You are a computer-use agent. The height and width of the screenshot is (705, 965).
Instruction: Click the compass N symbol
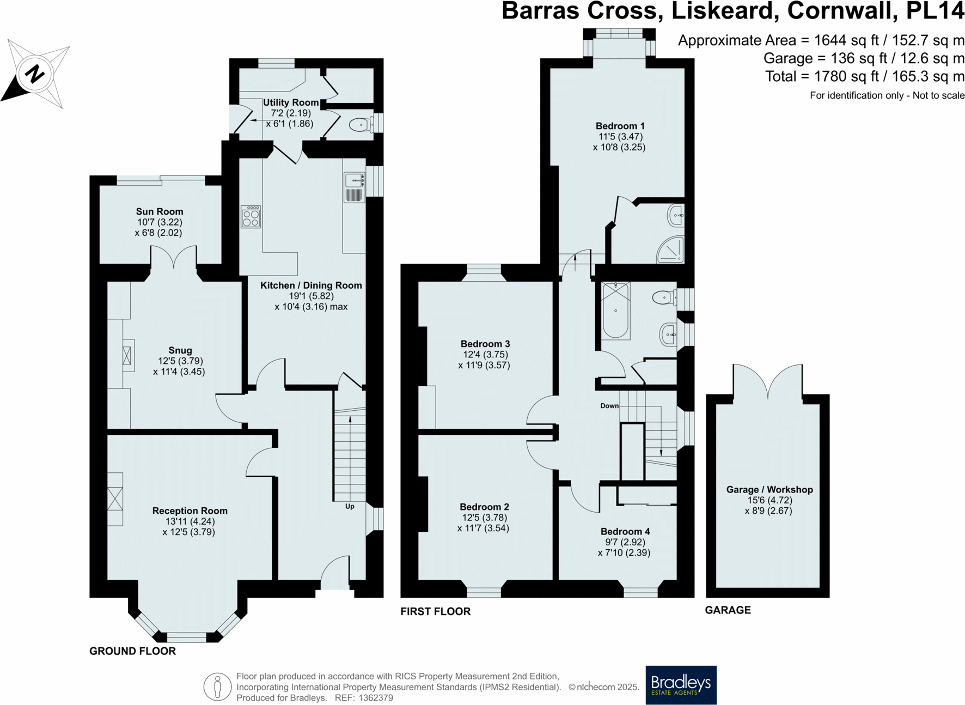pyautogui.click(x=34, y=74)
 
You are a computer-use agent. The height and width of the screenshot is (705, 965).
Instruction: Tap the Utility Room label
pyautogui.click(x=290, y=102)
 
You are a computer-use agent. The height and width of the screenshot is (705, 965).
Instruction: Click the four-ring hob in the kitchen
pyautogui.click(x=251, y=216)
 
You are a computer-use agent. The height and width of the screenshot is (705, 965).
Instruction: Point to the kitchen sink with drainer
pyautogui.click(x=354, y=187)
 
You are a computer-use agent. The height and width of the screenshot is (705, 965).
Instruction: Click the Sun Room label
pyautogui.click(x=159, y=211)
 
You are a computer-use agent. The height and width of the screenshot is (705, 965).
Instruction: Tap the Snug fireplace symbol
pyautogui.click(x=127, y=356)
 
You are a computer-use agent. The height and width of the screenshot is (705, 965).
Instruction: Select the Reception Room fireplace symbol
pyautogui.click(x=115, y=499)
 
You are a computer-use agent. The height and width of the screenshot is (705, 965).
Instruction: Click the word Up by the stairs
pyautogui.click(x=350, y=506)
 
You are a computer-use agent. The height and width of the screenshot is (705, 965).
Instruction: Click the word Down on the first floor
pyautogui.click(x=609, y=406)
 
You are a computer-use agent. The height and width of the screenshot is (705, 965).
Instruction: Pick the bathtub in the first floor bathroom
pyautogui.click(x=616, y=311)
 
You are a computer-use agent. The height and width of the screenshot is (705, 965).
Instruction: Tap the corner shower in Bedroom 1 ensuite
pyautogui.click(x=671, y=250)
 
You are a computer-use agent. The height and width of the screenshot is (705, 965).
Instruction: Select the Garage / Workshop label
pyautogui.click(x=769, y=489)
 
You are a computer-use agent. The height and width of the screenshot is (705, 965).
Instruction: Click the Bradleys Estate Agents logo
pyautogui.click(x=681, y=684)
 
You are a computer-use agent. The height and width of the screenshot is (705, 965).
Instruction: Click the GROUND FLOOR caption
pyautogui.click(x=132, y=651)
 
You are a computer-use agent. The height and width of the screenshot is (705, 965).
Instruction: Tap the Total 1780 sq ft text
pyautogui.click(x=864, y=76)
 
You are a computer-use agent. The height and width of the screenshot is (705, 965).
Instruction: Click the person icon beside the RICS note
pyautogui.click(x=217, y=686)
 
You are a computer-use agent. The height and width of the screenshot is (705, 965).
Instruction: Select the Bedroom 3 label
pyautogui.click(x=485, y=344)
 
